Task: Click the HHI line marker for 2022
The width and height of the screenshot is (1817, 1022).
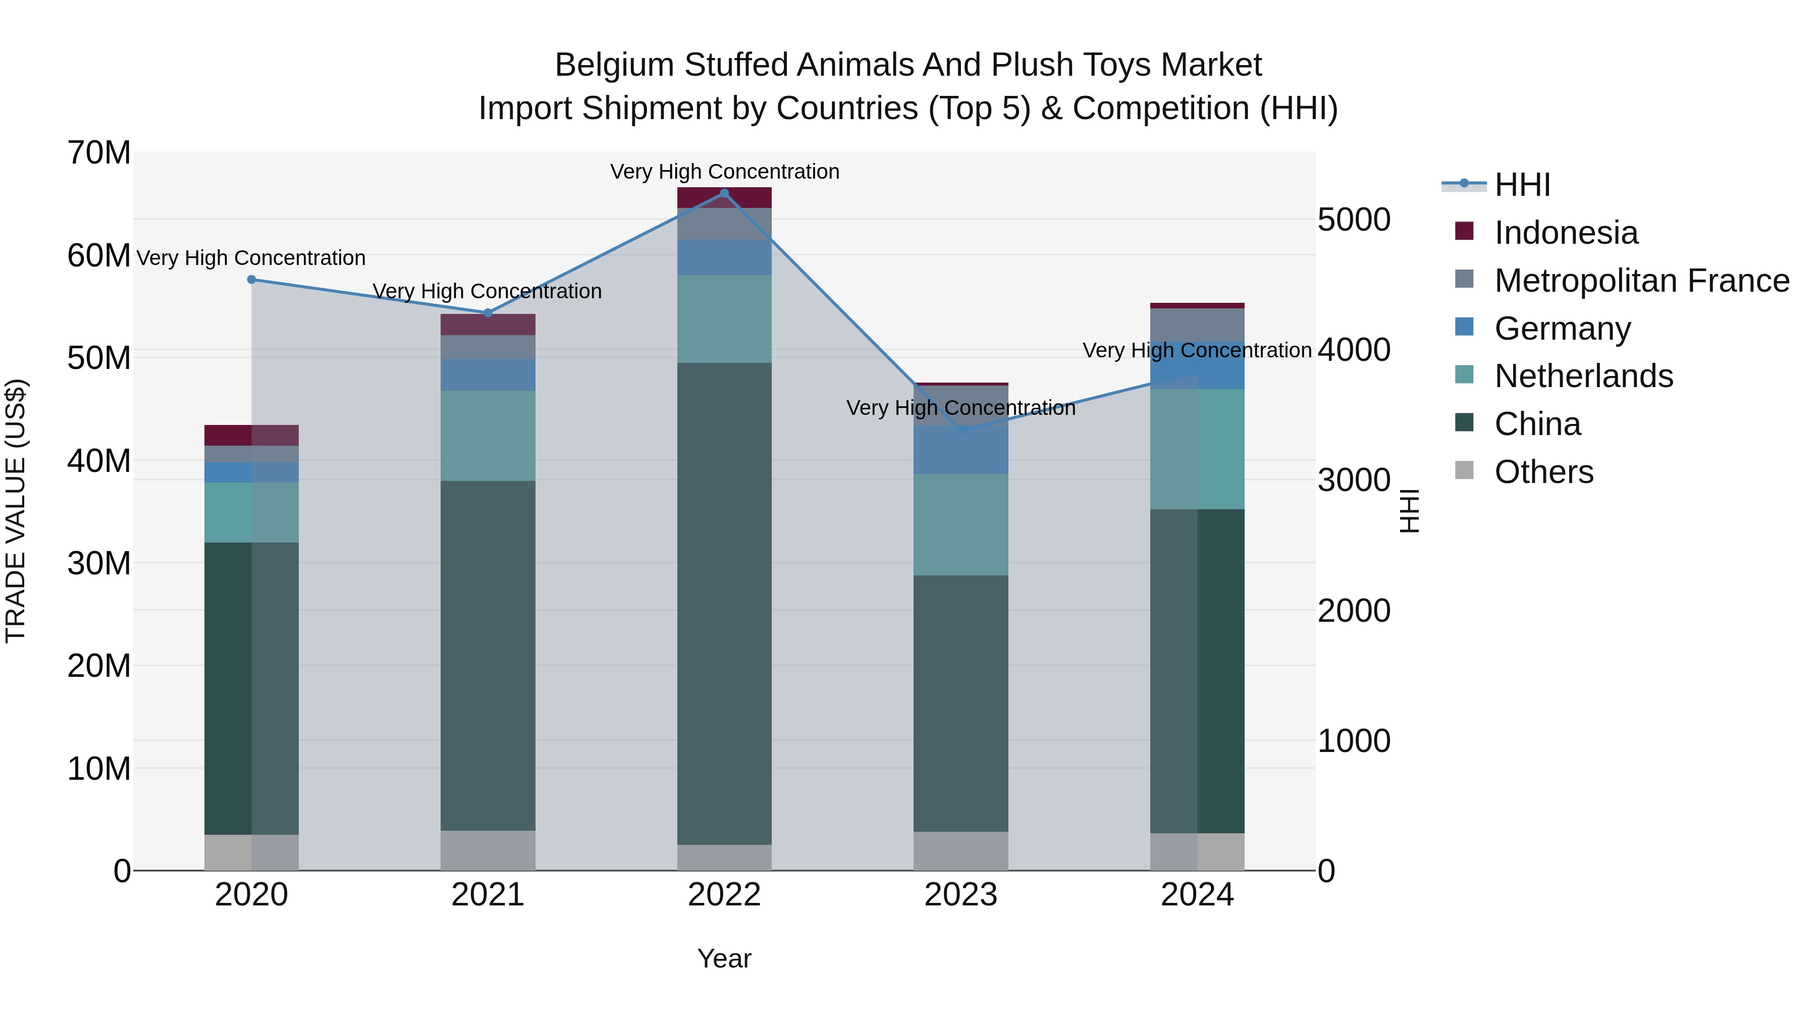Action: click(x=724, y=193)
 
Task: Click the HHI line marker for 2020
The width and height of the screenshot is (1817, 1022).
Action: click(x=252, y=279)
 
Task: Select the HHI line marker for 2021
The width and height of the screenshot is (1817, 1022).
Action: click(x=488, y=313)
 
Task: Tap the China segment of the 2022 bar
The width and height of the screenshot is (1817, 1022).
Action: click(x=724, y=603)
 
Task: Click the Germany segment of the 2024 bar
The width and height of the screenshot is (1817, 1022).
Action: click(x=1197, y=365)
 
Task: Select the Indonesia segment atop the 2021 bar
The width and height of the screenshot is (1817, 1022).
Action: click(x=488, y=325)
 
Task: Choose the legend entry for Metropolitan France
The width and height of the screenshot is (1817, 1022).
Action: click(x=1641, y=281)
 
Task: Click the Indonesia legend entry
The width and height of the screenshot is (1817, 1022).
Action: click(x=1565, y=233)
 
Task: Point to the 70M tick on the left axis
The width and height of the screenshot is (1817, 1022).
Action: click(x=99, y=153)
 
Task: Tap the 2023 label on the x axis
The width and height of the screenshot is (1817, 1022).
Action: click(x=960, y=895)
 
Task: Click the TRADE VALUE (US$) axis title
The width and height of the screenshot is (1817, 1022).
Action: click(x=16, y=511)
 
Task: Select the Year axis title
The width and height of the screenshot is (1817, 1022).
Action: click(x=724, y=958)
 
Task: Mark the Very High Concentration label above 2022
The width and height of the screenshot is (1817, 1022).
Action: click(x=724, y=172)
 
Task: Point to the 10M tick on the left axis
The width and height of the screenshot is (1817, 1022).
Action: click(x=99, y=769)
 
